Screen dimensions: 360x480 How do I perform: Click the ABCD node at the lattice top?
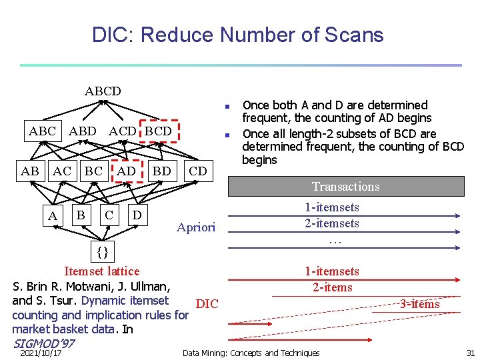[x=103, y=91]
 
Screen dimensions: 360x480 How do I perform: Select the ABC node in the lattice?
[x=42, y=131]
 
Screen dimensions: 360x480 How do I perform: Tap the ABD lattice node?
[x=83, y=131]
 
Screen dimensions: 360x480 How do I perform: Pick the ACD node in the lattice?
[x=123, y=131]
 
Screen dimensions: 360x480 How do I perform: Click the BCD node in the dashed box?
[x=158, y=131]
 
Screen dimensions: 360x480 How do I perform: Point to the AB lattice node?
[x=30, y=171]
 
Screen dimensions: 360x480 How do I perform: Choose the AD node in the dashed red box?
[x=127, y=171]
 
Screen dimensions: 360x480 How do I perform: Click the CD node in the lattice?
[x=198, y=171]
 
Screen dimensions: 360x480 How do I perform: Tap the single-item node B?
[x=81, y=215]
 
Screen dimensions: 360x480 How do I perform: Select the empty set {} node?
[x=102, y=252]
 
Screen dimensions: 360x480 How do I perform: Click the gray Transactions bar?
[x=346, y=187]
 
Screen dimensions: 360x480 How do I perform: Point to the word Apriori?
[x=196, y=227]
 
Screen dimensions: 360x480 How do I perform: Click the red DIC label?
[x=207, y=304]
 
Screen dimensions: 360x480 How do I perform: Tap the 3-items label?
[x=419, y=304]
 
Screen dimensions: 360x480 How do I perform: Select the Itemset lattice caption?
[x=101, y=271]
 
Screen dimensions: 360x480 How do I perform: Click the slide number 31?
[x=470, y=353]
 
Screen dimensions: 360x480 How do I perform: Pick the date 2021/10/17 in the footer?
[x=41, y=353]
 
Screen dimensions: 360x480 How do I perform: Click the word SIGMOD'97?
[x=43, y=343]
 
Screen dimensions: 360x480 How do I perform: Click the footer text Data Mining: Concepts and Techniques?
[x=251, y=353]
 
